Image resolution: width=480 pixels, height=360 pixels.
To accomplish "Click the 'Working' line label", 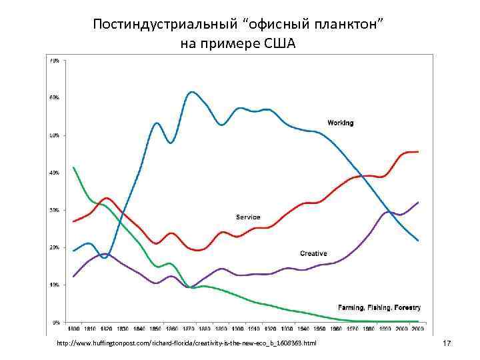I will (x=340, y=123).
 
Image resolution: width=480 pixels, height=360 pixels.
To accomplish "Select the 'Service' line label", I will (x=248, y=217).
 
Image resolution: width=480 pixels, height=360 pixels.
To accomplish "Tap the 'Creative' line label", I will (x=313, y=253).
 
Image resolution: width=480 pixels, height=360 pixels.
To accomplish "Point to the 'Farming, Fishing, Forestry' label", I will (x=379, y=307).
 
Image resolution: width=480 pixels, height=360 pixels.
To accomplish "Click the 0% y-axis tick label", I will (x=55, y=322).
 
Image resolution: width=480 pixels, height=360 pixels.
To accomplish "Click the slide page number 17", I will (x=447, y=343).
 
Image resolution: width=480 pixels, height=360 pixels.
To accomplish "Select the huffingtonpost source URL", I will (x=187, y=343).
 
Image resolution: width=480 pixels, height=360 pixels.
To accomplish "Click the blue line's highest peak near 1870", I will (x=191, y=91).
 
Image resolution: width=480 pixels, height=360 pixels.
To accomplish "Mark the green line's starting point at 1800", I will (x=73, y=167).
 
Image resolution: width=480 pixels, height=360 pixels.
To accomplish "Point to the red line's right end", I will (x=418, y=151).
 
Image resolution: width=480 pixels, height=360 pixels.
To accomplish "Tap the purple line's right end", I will (x=418, y=202).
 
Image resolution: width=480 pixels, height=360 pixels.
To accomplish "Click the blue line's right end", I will (x=418, y=241).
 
